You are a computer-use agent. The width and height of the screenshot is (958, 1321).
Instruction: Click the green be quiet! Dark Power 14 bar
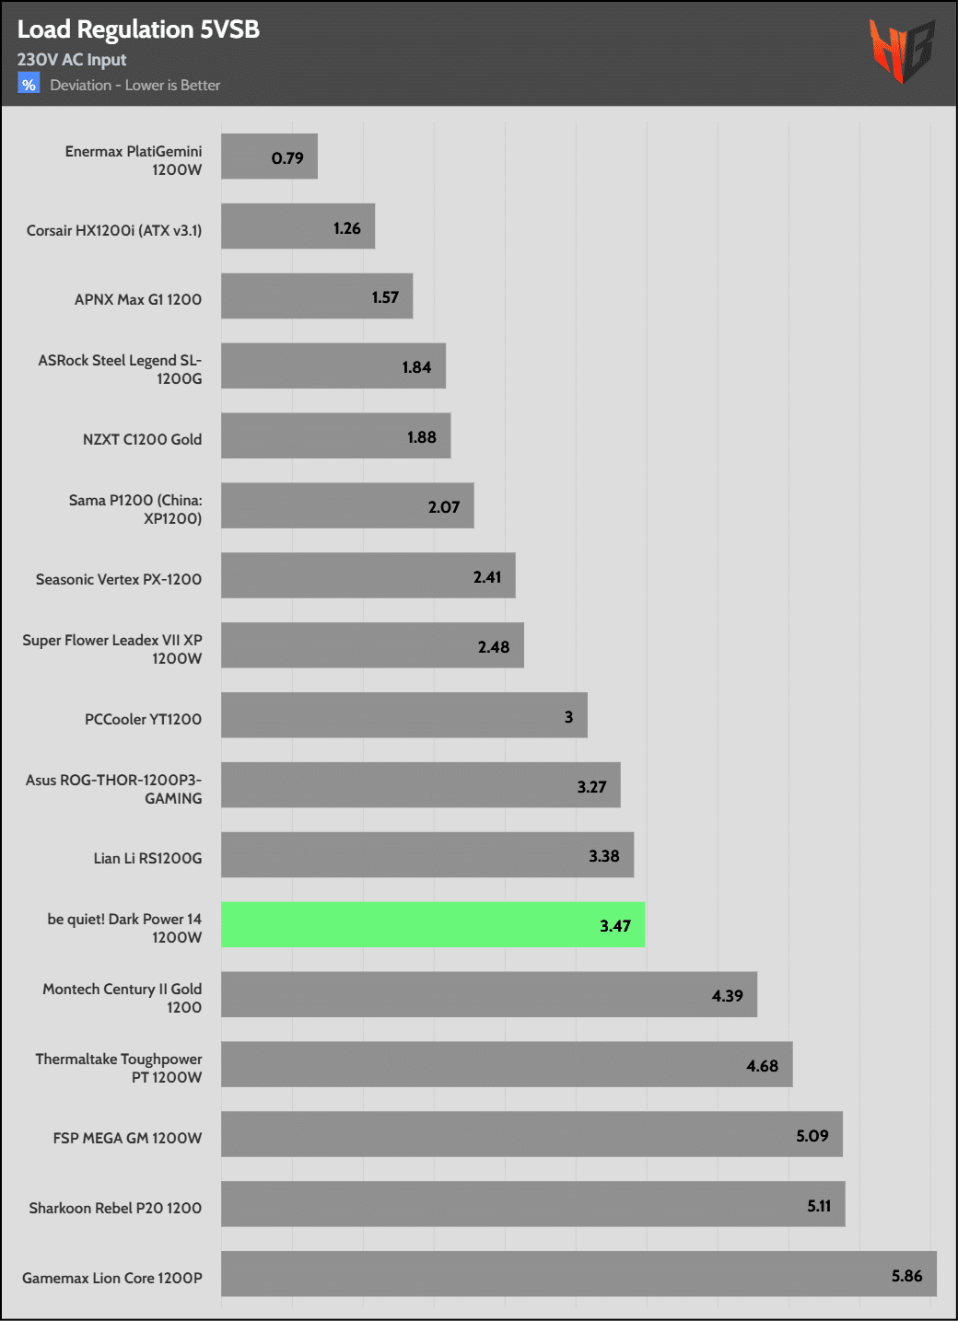coord(433,925)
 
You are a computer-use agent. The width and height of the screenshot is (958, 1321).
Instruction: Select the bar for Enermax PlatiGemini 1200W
coord(269,156)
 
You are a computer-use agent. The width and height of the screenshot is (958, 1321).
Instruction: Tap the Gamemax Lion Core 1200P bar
coord(578,1274)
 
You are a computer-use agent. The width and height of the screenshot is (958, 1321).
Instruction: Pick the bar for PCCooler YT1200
coord(403,715)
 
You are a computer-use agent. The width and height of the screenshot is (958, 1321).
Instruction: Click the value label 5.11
coord(819,1206)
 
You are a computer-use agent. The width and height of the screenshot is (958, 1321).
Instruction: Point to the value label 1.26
coord(347,228)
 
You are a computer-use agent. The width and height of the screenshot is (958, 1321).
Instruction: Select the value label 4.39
coord(727,996)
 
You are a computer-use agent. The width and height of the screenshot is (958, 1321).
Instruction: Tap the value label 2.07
coord(444,507)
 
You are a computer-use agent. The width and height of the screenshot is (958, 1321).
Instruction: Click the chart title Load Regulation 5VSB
coord(138,29)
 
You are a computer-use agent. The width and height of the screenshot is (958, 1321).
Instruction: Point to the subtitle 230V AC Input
coord(72,60)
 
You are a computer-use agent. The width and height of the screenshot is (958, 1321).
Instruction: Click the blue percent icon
coord(29,85)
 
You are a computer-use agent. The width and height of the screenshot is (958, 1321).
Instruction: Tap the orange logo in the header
coord(901,50)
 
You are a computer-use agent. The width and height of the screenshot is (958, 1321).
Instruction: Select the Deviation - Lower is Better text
coord(135,86)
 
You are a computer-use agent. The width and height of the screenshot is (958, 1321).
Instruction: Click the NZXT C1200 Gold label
coord(142,439)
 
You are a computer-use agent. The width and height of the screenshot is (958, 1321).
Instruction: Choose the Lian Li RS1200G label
coord(147,858)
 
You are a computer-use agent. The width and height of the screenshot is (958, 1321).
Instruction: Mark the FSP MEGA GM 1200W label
coord(127,1138)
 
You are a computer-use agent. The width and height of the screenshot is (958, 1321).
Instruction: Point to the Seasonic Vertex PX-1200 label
coord(119,579)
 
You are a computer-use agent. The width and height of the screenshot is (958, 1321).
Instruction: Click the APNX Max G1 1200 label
coord(138,299)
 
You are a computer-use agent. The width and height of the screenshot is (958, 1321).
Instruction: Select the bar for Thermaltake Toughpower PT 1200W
coord(507,1064)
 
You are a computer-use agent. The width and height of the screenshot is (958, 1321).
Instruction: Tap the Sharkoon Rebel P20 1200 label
coord(115,1208)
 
